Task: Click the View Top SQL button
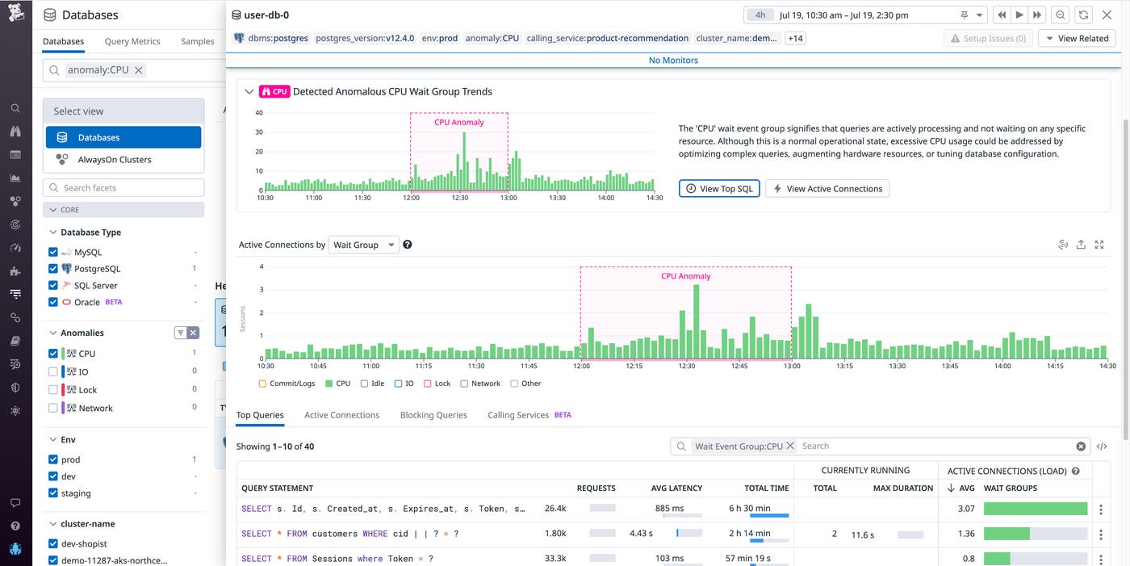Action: [x=719, y=189]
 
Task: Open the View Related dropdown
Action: [x=1077, y=38]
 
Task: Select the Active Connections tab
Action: [x=341, y=415]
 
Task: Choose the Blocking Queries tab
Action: [x=433, y=415]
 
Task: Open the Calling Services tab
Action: [x=518, y=415]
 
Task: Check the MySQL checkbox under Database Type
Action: [x=53, y=253]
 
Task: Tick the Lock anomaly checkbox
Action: [x=53, y=390]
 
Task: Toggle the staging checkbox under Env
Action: [x=53, y=493]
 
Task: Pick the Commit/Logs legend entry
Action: [x=287, y=384]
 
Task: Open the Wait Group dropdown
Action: [x=363, y=245]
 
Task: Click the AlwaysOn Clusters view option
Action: [x=114, y=160]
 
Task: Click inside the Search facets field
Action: [x=123, y=188]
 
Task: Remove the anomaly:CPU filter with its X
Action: [x=139, y=70]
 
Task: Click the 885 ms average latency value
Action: [x=669, y=509]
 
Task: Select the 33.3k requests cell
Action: [x=555, y=559]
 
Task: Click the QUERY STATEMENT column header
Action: [x=277, y=488]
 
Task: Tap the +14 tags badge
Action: [x=795, y=38]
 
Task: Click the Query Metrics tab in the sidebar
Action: [x=132, y=41]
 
